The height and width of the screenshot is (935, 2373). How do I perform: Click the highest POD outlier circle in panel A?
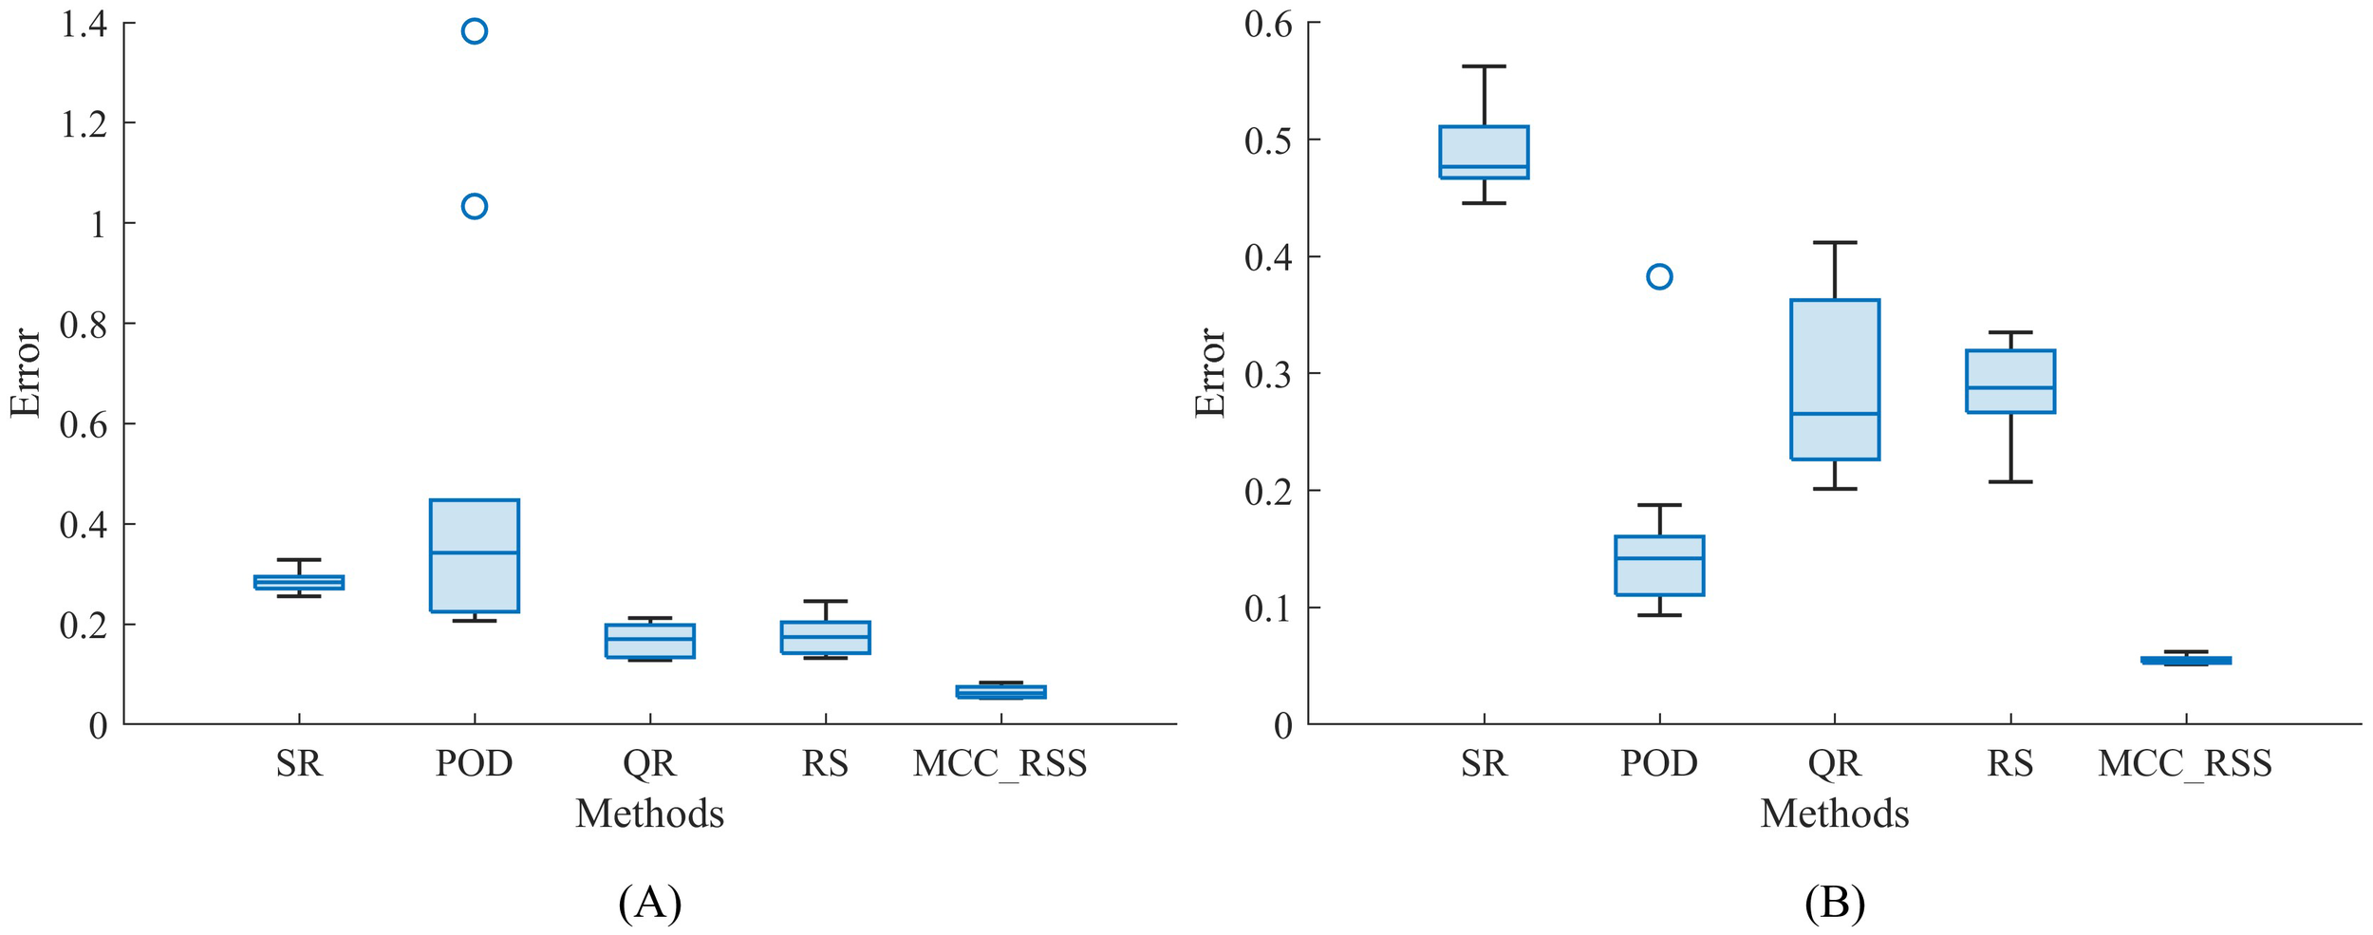click(475, 31)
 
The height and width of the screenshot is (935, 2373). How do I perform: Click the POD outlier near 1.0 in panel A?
click(475, 206)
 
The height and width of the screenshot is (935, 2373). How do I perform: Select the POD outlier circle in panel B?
click(1659, 276)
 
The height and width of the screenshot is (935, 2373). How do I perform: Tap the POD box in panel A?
click(475, 555)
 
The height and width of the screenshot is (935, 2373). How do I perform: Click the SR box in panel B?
click(1484, 152)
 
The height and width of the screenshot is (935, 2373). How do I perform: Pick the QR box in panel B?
click(1835, 380)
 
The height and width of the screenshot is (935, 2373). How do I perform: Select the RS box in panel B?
click(2010, 381)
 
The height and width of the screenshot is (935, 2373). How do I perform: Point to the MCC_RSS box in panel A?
click(1000, 692)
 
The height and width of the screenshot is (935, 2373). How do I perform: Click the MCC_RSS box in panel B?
click(2186, 660)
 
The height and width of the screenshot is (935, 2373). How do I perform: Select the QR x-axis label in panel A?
click(649, 763)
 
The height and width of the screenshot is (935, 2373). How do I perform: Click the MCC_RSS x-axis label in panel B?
click(2185, 763)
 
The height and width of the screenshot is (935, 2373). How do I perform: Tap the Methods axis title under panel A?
click(649, 814)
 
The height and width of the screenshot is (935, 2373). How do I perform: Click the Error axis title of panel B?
click(1210, 373)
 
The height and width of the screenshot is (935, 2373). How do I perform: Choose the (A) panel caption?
click(649, 902)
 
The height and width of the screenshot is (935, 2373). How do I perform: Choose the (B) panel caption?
click(1835, 902)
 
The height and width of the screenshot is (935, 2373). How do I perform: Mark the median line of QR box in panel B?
click(1835, 414)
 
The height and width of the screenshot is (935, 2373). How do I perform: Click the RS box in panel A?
click(825, 637)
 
